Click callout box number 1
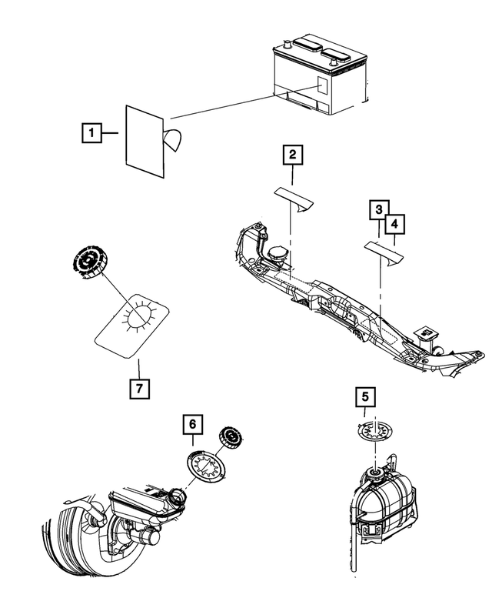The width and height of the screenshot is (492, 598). click(91, 132)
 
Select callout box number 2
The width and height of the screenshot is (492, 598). click(292, 155)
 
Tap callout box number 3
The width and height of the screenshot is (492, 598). click(379, 209)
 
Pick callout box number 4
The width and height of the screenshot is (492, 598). click(394, 224)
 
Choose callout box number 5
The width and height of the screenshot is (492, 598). click(365, 397)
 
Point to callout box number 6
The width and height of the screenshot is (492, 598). click(193, 424)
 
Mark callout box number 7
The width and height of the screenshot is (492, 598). click(139, 389)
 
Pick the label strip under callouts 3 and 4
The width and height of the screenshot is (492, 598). click(384, 253)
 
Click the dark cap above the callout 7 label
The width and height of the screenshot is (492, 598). click(88, 261)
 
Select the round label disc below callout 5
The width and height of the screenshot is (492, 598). click(375, 433)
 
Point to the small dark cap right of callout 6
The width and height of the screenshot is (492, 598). click(231, 437)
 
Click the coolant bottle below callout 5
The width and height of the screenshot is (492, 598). click(382, 507)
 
